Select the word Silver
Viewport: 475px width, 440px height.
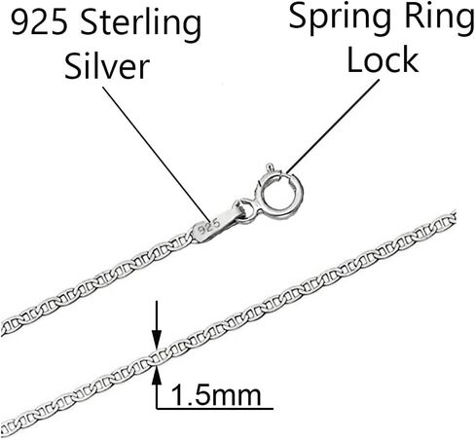point(107,65)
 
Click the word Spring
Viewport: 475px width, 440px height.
point(340,18)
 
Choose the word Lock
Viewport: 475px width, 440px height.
point(383,59)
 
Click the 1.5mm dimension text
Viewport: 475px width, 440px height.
point(216,395)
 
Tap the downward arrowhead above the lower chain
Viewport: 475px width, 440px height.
point(157,340)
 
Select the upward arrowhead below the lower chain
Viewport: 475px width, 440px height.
point(157,375)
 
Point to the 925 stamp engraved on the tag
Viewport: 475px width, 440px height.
point(209,226)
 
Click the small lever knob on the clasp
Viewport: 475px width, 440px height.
point(270,167)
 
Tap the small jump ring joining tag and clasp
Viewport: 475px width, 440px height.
point(245,210)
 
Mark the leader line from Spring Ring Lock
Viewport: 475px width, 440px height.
point(332,127)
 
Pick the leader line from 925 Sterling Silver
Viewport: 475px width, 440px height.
point(156,153)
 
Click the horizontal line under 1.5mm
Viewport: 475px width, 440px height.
point(215,408)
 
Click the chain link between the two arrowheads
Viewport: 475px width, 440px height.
point(157,357)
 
